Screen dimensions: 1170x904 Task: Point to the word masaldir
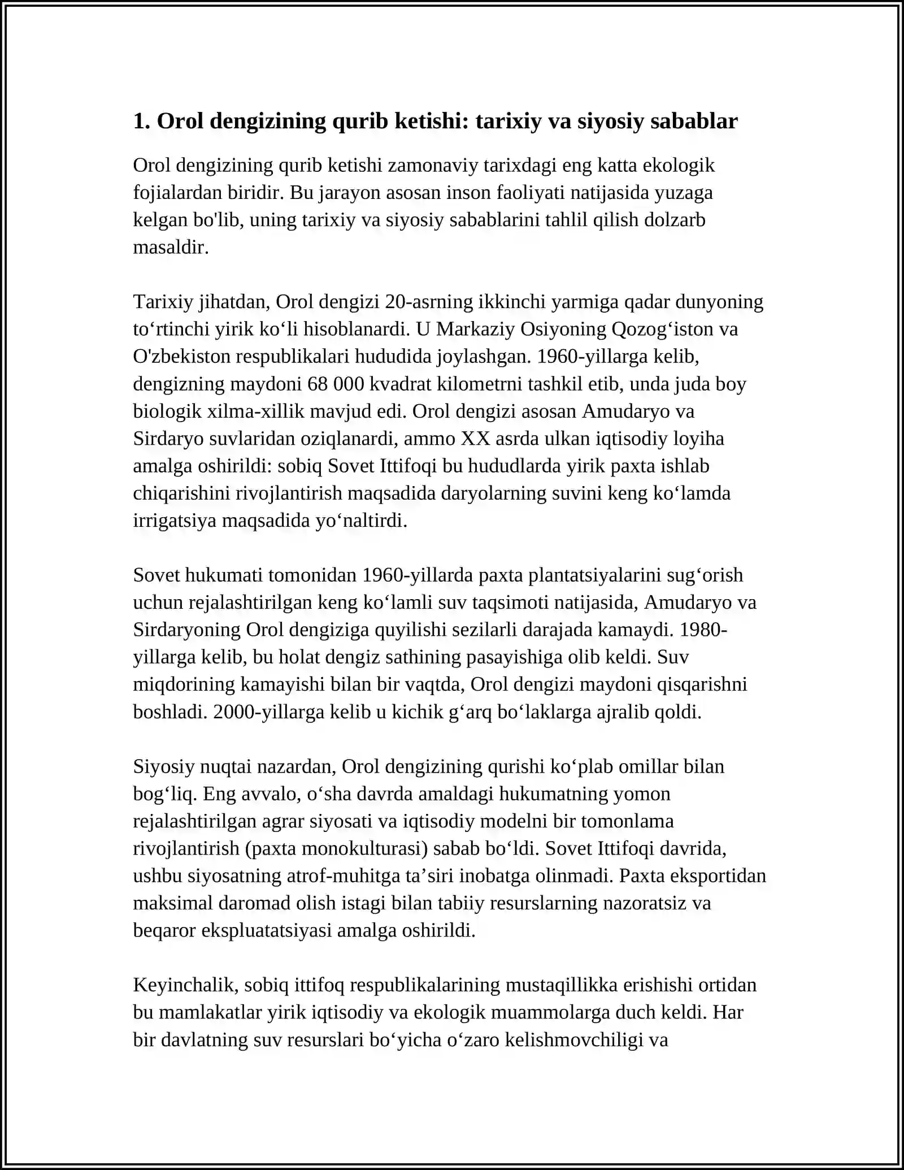point(171,247)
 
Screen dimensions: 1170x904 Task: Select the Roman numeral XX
point(475,439)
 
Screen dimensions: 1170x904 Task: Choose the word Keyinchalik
point(181,985)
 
